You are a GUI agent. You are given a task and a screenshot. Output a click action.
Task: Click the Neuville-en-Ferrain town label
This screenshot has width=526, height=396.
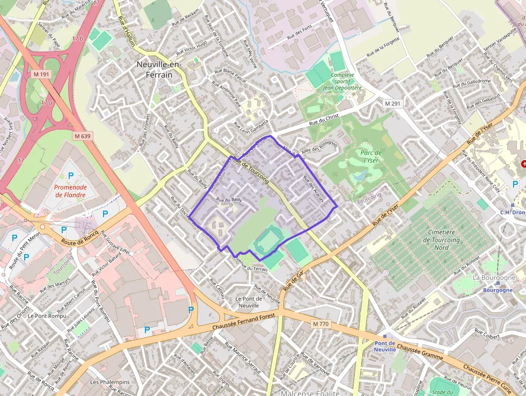(x=159, y=70)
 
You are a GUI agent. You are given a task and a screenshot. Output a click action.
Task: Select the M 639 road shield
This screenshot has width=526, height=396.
(x=83, y=136)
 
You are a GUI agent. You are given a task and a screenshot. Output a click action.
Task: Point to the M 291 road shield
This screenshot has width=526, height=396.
(x=392, y=103)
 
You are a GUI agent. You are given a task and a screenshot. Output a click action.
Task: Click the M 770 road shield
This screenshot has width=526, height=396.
(x=320, y=324)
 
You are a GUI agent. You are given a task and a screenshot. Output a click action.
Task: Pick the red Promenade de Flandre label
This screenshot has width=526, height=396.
(x=70, y=191)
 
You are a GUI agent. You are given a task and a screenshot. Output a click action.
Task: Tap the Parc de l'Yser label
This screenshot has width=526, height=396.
(x=371, y=156)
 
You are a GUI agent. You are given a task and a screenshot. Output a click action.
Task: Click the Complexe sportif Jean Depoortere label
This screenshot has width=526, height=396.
(x=342, y=82)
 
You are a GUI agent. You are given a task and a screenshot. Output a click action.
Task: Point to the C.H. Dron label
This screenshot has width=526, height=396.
(x=512, y=212)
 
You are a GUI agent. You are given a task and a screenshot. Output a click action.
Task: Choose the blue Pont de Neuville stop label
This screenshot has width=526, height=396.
(x=385, y=346)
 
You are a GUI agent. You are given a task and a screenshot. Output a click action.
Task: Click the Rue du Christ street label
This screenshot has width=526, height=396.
(x=324, y=121)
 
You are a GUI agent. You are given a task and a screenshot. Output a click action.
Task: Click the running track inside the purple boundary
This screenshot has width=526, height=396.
(x=267, y=241)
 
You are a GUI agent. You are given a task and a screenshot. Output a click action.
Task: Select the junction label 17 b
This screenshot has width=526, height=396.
(x=78, y=39)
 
